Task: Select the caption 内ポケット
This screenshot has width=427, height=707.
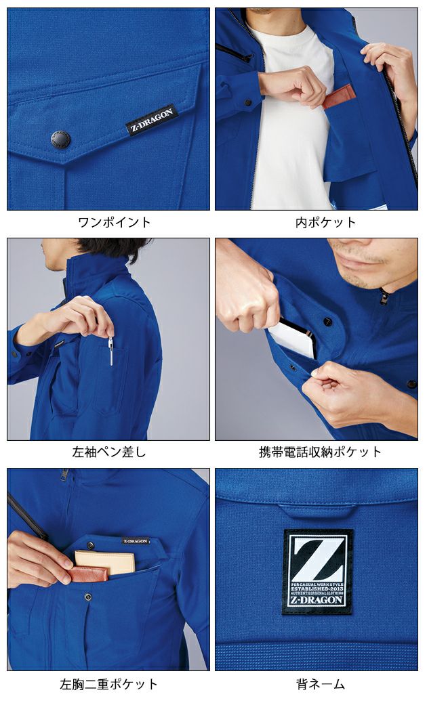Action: point(317,222)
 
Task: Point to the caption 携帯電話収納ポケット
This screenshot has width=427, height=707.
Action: point(317,452)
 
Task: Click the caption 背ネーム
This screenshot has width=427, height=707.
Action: point(317,684)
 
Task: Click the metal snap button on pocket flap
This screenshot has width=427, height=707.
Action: point(60,140)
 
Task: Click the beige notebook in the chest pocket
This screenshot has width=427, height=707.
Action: point(104,561)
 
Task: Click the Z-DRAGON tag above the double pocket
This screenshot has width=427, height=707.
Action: point(136,541)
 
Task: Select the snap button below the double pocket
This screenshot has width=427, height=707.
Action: point(88,597)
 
